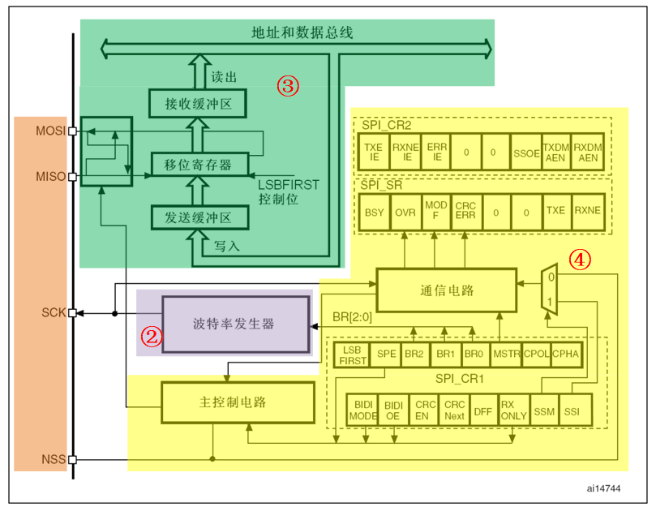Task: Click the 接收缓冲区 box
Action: tap(199, 104)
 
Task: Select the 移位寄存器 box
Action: tap(199, 165)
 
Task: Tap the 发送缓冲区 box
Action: tap(199, 218)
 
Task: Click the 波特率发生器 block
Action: tap(236, 324)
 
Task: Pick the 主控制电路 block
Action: tap(238, 402)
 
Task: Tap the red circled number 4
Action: tap(579, 260)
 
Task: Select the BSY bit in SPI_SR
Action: tap(375, 210)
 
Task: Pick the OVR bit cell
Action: tap(405, 210)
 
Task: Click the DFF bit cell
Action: tap(482, 410)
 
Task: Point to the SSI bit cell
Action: tap(573, 410)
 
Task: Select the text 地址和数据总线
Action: tap(301, 33)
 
